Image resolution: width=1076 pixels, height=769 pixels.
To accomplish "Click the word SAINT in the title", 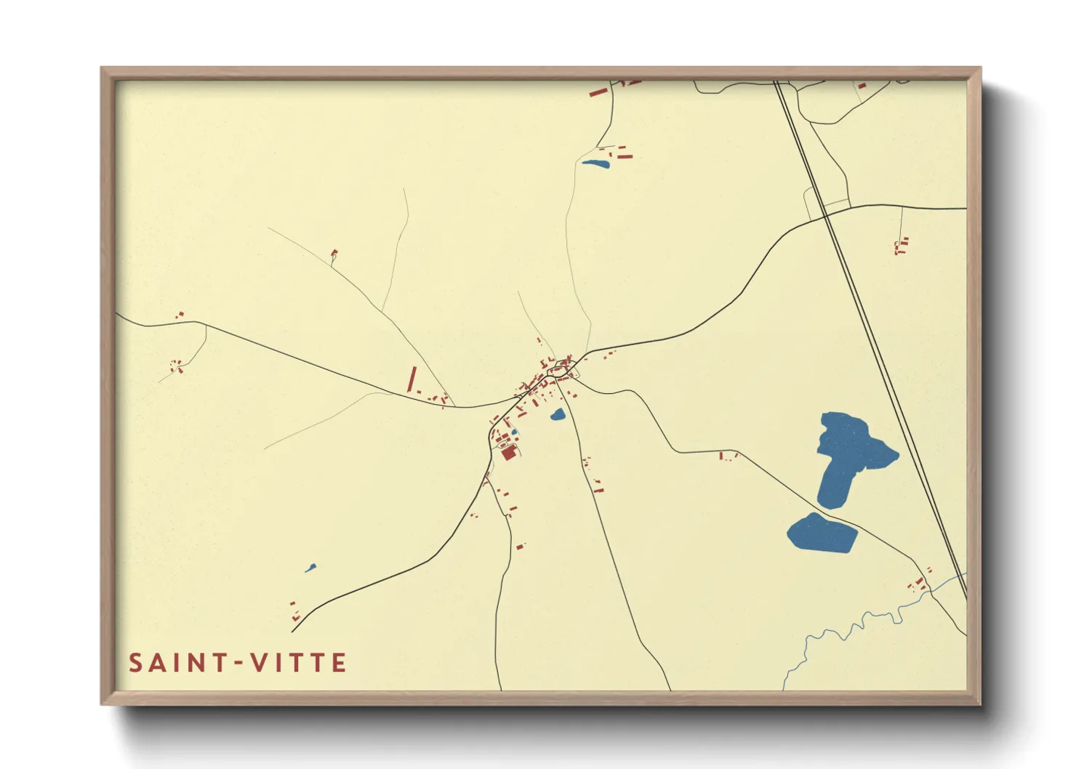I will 177,663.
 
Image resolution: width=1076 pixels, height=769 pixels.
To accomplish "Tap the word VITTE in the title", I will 298,663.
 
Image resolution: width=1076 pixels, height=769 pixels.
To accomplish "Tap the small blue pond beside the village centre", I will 558,415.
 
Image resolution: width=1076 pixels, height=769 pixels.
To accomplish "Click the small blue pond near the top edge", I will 595,163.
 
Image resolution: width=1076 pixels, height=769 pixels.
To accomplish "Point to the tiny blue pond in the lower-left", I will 310,568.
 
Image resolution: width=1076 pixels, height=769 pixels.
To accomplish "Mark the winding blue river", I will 843,629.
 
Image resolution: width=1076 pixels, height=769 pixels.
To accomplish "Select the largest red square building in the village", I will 508,453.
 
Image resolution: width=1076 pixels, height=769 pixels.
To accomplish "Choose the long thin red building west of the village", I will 411,379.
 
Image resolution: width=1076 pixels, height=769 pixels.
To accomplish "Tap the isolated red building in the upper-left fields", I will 334,253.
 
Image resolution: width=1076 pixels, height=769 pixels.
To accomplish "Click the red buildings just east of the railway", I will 902,246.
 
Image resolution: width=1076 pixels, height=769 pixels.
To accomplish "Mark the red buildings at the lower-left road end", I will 294,611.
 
